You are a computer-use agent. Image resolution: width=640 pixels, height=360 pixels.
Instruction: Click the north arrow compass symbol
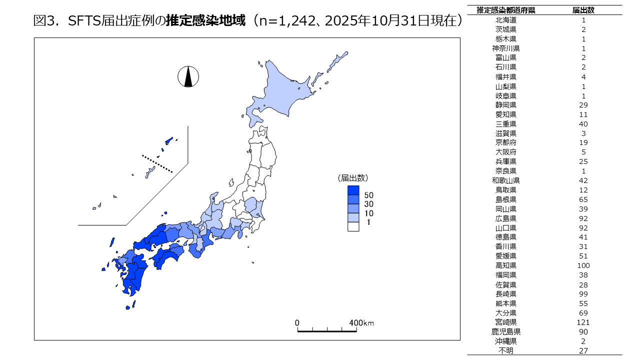pyautogui.click(x=188, y=76)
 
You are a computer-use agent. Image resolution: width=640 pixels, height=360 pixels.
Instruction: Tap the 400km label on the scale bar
pyautogui.click(x=361, y=323)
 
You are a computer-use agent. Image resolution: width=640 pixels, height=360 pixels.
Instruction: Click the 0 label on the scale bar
pyautogui.click(x=297, y=323)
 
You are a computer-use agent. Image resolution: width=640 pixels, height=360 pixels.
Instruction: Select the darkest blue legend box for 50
pyautogui.click(x=353, y=190)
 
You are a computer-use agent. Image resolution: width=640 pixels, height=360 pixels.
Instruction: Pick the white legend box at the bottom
pyautogui.click(x=353, y=226)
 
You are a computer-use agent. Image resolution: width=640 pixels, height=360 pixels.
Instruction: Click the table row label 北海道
pyautogui.click(x=506, y=20)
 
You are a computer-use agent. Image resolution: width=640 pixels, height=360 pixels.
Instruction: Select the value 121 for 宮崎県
pyautogui.click(x=583, y=322)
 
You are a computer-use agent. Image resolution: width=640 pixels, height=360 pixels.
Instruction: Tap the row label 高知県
pyautogui.click(x=506, y=265)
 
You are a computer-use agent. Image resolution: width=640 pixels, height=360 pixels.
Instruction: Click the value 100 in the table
pyautogui.click(x=583, y=265)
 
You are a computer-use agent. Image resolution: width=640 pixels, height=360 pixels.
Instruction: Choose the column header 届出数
pyautogui.click(x=583, y=10)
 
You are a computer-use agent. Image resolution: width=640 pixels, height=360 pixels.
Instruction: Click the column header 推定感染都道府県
pyautogui.click(x=506, y=10)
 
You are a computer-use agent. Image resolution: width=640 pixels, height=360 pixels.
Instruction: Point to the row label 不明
pyautogui.click(x=506, y=350)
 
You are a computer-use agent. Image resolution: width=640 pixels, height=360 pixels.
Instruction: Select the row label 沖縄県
pyautogui.click(x=506, y=341)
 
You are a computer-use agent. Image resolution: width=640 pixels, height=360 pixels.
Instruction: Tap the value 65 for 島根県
pyautogui.click(x=583, y=199)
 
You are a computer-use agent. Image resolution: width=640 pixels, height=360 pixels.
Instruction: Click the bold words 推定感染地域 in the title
pyautogui.click(x=206, y=21)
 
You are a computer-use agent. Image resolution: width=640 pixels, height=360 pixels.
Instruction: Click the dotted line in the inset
pyautogui.click(x=157, y=163)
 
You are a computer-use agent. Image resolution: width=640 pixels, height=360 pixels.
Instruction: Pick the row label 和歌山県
pyautogui.click(x=506, y=180)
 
